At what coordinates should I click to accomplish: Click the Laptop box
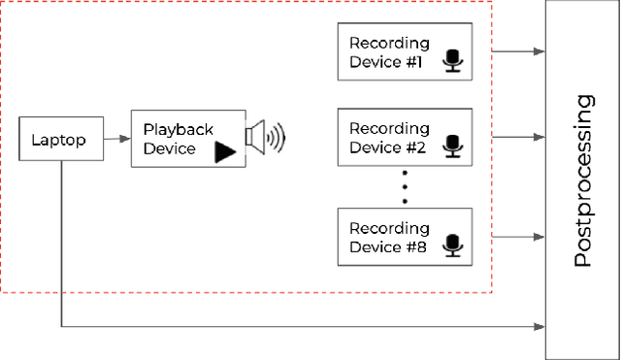(x=58, y=140)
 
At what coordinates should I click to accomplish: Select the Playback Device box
(x=187, y=139)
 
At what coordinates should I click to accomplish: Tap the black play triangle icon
(x=225, y=151)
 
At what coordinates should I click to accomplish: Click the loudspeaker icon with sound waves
(x=265, y=137)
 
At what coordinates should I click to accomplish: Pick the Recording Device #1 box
(x=405, y=52)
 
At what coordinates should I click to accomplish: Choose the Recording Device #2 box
(x=405, y=138)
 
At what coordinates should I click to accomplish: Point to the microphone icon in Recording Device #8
(x=452, y=245)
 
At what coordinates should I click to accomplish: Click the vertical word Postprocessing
(x=583, y=180)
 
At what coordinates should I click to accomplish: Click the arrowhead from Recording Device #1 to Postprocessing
(x=539, y=51)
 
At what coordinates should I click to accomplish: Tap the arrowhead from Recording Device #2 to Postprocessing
(x=539, y=139)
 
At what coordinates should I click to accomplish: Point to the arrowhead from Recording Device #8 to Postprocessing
(x=539, y=235)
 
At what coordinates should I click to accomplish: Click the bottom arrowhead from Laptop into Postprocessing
(x=539, y=327)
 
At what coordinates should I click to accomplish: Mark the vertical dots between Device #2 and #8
(x=405, y=186)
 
